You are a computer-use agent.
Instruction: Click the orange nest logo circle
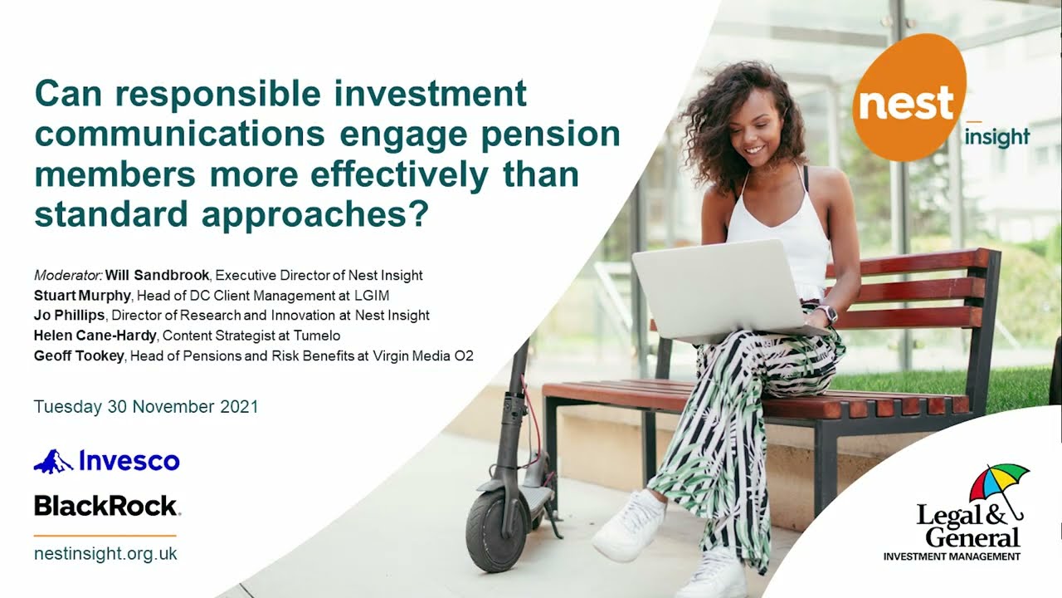click(x=909, y=97)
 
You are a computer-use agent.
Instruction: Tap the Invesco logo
click(x=106, y=460)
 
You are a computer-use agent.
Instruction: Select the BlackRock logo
click(x=106, y=505)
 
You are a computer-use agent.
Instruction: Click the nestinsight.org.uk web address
click(x=105, y=554)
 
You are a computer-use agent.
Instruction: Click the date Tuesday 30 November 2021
click(x=146, y=407)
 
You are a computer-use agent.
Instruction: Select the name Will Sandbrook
click(x=158, y=275)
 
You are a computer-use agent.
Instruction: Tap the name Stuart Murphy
click(x=81, y=295)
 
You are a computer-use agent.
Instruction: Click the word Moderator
click(x=67, y=275)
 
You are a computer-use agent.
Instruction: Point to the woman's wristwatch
click(x=826, y=313)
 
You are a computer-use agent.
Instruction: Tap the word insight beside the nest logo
click(x=996, y=137)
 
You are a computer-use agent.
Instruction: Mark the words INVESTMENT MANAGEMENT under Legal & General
click(x=952, y=556)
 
